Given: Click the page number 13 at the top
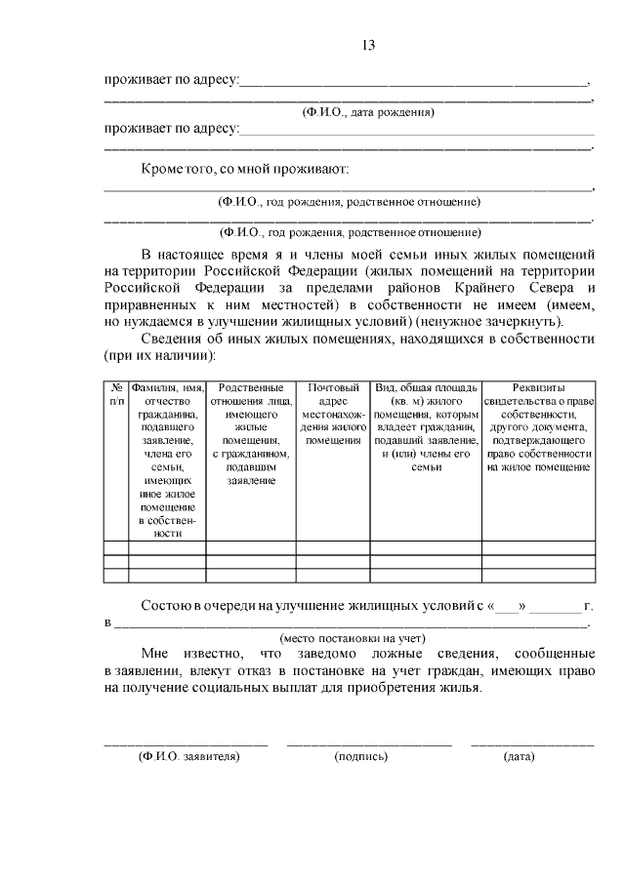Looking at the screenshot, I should (x=368, y=46).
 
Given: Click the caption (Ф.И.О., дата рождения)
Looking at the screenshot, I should (x=368, y=112).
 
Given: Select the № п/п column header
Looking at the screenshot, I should (x=116, y=394).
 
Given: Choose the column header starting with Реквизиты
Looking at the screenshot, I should (x=539, y=427).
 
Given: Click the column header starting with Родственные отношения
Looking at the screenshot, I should (x=251, y=433).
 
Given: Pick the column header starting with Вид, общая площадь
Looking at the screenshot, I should (x=427, y=427).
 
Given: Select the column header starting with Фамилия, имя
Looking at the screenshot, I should (x=167, y=460).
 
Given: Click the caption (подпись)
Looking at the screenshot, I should (x=361, y=756).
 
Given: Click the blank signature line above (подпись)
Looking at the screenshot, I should (x=369, y=744).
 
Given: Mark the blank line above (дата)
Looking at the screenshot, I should (x=532, y=744).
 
